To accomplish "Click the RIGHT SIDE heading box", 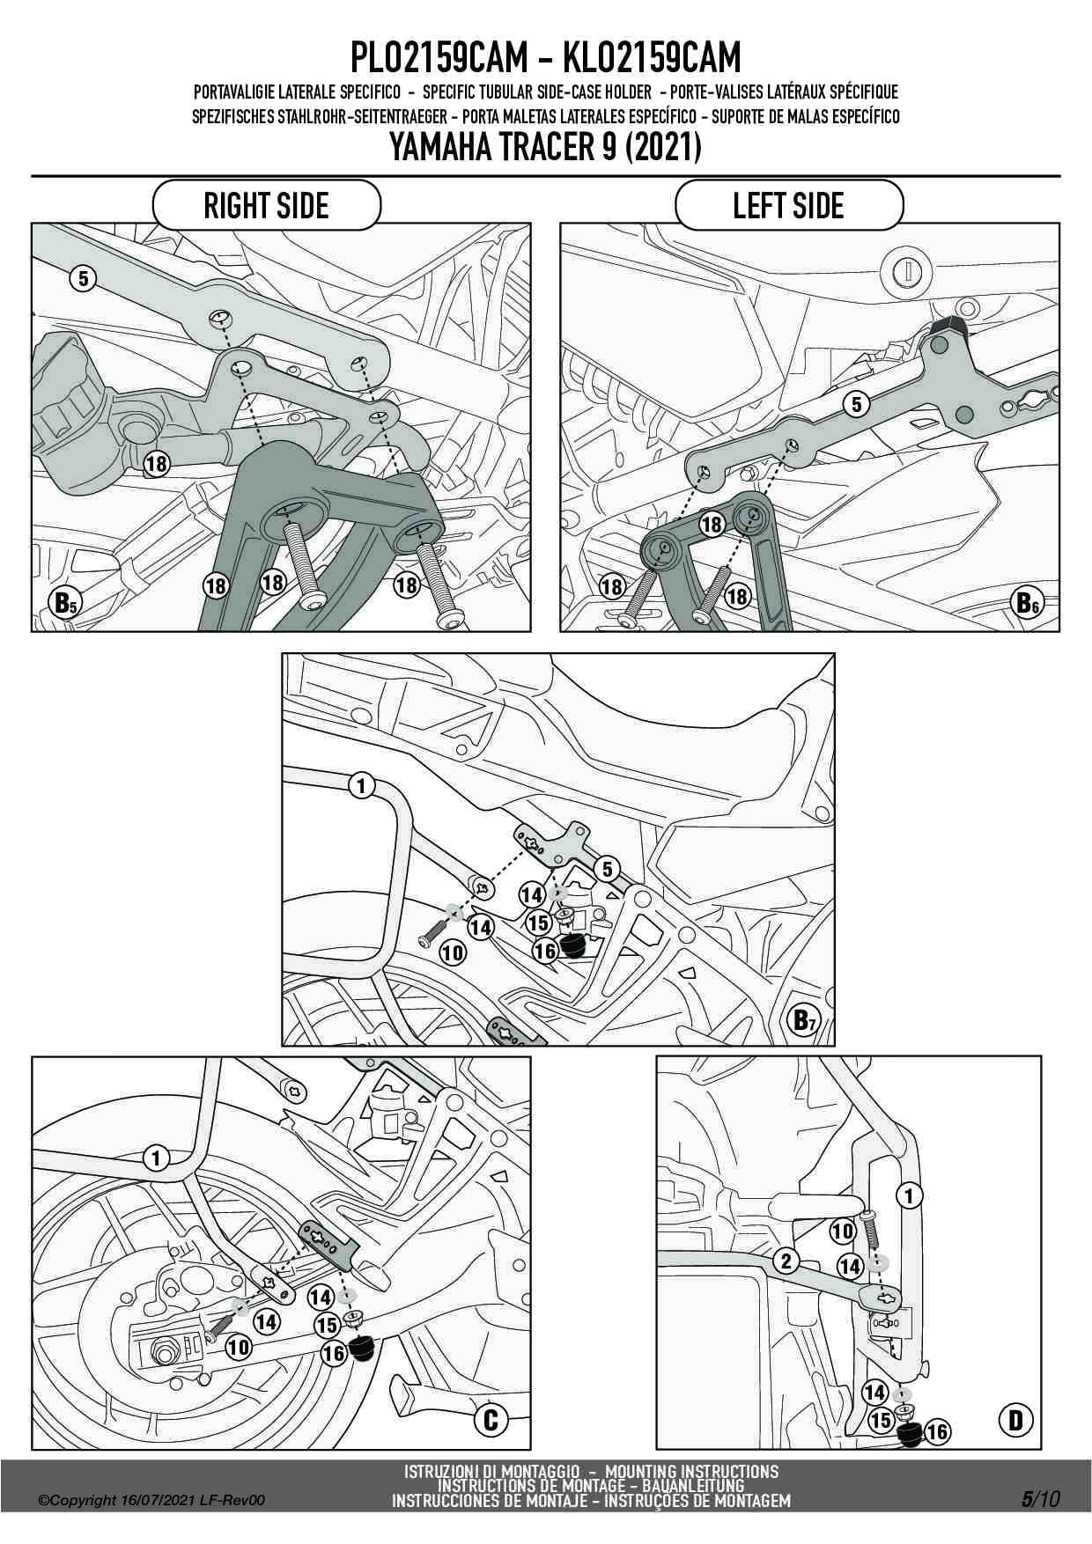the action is (x=266, y=206).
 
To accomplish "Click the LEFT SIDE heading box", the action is (x=789, y=206).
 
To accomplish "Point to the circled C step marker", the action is (x=491, y=1419).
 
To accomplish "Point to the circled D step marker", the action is (x=1015, y=1419).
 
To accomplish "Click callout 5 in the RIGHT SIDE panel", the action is (x=82, y=279).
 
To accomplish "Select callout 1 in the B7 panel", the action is (x=361, y=785).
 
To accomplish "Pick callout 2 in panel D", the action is (x=786, y=1261).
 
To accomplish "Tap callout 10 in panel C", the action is (x=238, y=1346).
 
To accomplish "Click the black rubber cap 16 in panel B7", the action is (x=572, y=947).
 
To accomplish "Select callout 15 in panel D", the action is (x=880, y=1419).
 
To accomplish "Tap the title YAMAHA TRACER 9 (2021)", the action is (x=545, y=147).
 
